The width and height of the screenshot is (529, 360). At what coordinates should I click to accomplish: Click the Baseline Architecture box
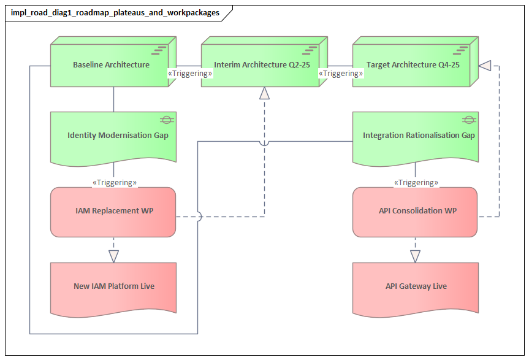point(111,65)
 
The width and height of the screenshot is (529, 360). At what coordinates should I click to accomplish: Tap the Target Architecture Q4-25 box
point(413,65)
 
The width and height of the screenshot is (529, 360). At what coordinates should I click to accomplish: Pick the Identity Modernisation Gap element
point(113,136)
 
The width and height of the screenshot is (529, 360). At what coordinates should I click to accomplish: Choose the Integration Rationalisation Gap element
point(416,136)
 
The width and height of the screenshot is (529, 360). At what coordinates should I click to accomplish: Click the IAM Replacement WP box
point(113,211)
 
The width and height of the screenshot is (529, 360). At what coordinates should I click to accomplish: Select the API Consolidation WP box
point(416,211)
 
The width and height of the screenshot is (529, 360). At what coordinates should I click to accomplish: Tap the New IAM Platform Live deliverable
point(113,286)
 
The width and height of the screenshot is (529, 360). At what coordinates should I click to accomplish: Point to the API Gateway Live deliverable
point(416,286)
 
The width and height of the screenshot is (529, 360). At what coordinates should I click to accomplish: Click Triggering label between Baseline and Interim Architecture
point(190,73)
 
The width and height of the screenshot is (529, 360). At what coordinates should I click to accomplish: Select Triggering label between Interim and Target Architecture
point(341,73)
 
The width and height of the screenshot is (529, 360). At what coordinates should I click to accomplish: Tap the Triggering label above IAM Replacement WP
point(114,182)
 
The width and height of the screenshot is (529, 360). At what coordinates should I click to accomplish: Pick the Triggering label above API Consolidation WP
point(416,182)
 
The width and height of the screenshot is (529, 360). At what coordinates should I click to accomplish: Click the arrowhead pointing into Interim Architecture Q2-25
point(264,93)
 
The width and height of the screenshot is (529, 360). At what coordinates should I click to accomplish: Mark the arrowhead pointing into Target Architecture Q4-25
point(485,65)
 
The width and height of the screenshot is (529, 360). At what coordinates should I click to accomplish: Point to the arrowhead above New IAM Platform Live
point(113,256)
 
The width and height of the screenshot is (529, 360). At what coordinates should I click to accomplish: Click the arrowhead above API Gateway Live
point(416,256)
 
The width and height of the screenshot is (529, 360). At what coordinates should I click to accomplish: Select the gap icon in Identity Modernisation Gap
point(166,120)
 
